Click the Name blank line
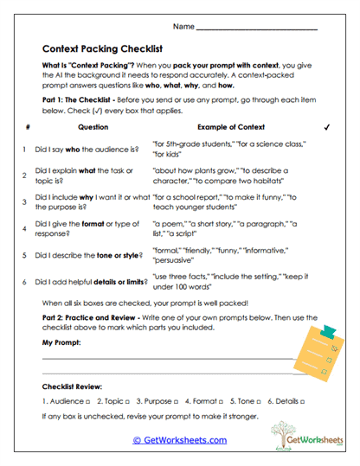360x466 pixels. coord(257,29)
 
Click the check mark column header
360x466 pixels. coord(326,126)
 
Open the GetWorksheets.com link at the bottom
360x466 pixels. coord(179,440)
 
